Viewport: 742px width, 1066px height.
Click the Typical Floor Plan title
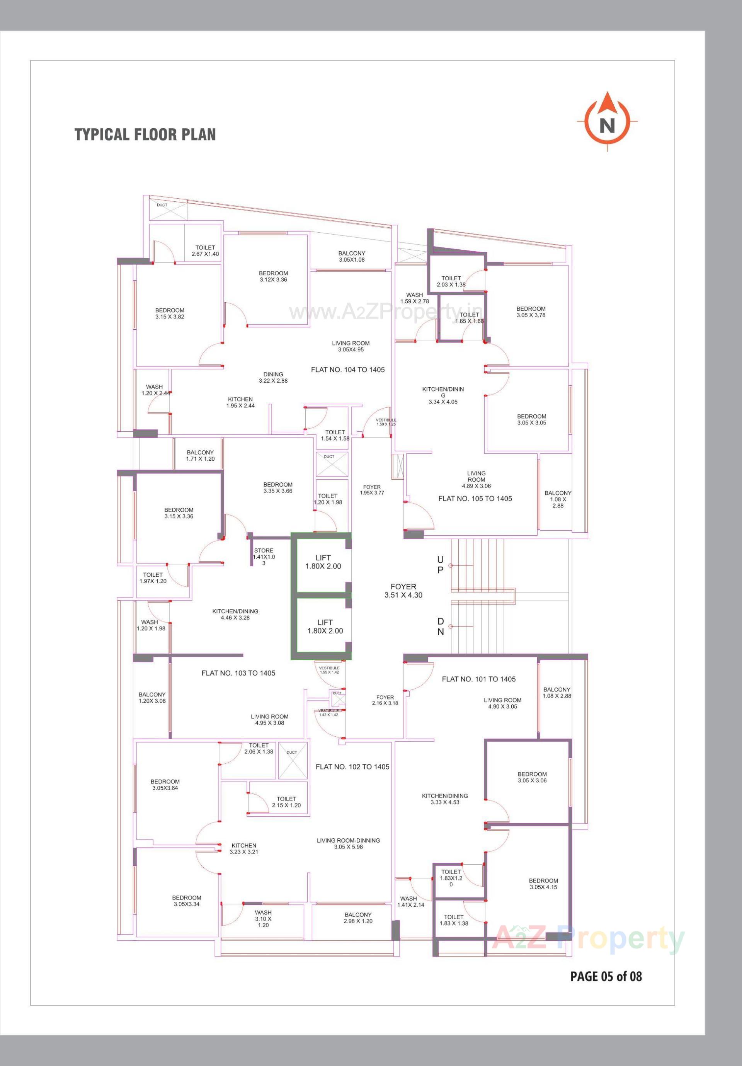point(145,135)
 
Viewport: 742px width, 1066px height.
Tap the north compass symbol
point(607,122)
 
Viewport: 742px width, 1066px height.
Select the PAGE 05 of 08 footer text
point(606,976)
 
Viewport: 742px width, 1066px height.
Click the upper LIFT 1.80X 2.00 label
point(323,562)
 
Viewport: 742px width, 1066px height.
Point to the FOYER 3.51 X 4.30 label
point(403,591)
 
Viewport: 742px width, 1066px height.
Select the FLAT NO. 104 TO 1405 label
point(348,370)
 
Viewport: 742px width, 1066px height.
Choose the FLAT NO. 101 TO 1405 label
point(479,679)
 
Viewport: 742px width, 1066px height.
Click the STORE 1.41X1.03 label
point(264,557)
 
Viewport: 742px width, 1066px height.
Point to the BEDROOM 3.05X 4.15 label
point(543,884)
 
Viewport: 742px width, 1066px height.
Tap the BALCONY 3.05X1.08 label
point(352,256)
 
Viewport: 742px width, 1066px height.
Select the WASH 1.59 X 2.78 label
point(415,298)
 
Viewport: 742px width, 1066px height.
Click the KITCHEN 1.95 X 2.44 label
point(240,402)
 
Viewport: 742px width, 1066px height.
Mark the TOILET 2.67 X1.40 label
point(205,251)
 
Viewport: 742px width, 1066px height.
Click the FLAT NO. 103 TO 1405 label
point(238,673)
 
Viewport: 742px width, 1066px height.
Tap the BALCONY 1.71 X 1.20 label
point(200,455)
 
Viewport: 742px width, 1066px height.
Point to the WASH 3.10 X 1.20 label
point(263,919)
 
